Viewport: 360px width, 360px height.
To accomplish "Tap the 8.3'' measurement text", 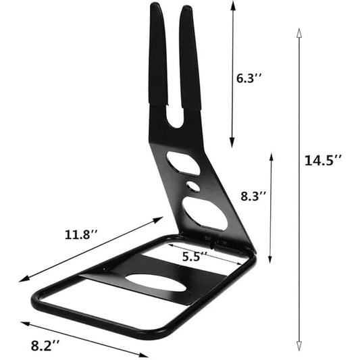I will [x=253, y=197].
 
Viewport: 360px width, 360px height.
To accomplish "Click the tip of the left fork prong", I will [x=157, y=7].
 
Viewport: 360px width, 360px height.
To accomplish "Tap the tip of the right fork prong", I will [x=186, y=11].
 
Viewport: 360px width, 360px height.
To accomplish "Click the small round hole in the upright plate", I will [x=193, y=184].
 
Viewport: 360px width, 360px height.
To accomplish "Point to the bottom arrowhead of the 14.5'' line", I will [x=298, y=349].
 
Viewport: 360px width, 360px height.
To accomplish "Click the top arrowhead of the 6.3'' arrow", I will [x=233, y=3].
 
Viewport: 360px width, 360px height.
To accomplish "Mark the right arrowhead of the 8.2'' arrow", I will [x=148, y=357].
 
